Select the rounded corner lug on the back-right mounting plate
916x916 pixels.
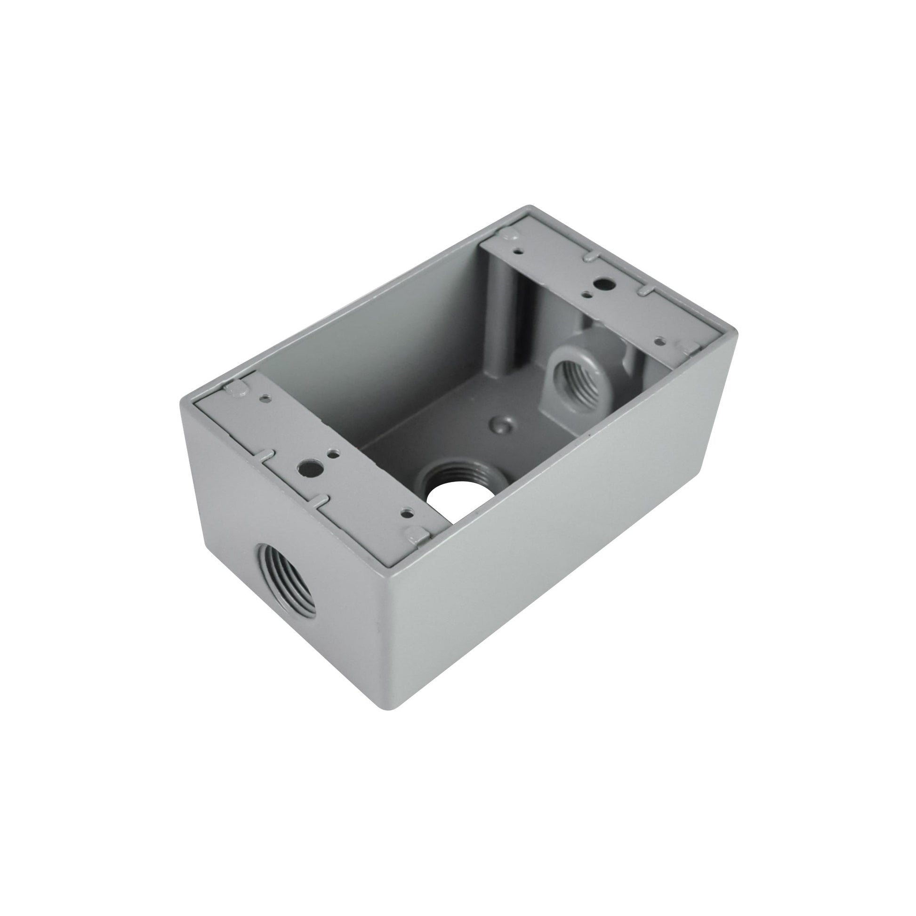point(509,233)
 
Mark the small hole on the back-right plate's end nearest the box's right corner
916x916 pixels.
point(659,340)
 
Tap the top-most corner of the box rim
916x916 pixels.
point(530,207)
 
